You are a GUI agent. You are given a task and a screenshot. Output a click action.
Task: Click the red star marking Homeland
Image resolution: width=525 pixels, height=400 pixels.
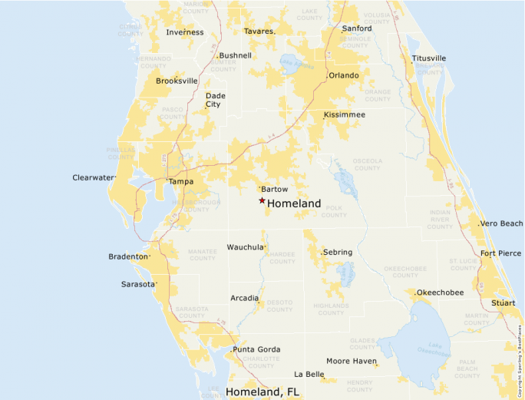coord(262,200)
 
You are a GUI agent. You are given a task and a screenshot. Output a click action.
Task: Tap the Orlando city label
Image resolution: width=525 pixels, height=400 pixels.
coord(343,76)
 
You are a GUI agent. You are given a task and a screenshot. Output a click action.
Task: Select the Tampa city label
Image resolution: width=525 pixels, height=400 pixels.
coord(181,182)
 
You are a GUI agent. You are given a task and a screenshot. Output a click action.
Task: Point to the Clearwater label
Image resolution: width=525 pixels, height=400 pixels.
coord(93,177)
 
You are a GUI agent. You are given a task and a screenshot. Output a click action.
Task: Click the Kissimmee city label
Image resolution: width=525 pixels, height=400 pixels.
coord(345,114)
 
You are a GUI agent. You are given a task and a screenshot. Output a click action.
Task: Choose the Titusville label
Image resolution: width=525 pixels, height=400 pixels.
coord(429,58)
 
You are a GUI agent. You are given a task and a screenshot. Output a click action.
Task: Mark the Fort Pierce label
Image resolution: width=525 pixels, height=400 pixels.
coord(500,253)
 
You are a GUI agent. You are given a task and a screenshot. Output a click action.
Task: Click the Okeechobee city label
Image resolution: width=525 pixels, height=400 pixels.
coord(441,293)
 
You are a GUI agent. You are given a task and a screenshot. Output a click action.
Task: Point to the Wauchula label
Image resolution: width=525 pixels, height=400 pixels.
coord(245,247)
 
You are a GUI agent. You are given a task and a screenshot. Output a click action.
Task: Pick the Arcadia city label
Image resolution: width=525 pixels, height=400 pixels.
coord(245,298)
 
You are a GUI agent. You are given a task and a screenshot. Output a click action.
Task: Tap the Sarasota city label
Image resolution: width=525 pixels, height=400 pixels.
coord(138,284)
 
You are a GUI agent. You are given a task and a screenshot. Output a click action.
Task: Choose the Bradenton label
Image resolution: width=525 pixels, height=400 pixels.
coord(128,256)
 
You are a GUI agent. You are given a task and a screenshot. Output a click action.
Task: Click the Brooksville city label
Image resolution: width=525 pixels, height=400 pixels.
coord(177,81)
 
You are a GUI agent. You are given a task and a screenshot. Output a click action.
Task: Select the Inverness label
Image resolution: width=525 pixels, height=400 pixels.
coord(185,32)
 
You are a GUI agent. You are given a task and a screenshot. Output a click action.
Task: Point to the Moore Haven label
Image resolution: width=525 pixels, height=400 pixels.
coord(351,361)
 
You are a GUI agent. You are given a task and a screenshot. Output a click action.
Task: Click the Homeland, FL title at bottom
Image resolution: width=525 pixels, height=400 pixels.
coord(262,392)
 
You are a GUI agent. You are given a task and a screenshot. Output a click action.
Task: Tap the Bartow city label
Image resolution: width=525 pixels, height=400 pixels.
coord(274,189)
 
